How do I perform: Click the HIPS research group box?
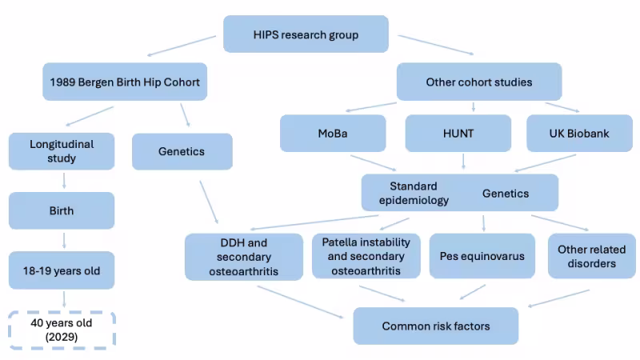(306, 34)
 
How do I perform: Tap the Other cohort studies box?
(479, 82)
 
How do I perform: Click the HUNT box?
(458, 134)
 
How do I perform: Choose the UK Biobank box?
(580, 134)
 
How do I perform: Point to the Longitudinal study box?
(62, 152)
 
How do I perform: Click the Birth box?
(62, 210)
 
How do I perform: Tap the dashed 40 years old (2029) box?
(62, 329)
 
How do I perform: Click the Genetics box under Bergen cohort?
(182, 151)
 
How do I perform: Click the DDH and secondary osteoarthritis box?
(244, 257)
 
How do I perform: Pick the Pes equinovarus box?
(482, 256)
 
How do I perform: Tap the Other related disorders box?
(591, 256)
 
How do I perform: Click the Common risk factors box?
(435, 326)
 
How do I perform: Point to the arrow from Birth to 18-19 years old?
(63, 240)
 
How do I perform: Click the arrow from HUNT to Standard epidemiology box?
(463, 162)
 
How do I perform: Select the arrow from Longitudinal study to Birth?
(63, 182)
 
